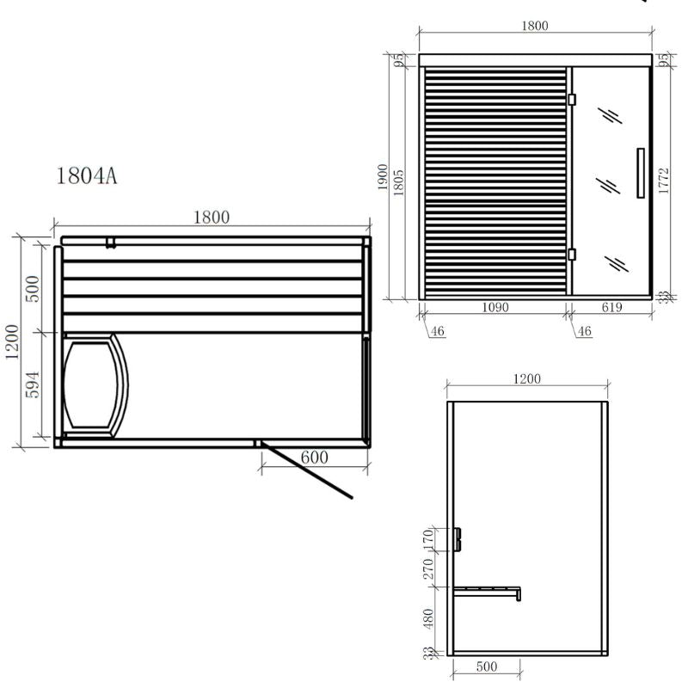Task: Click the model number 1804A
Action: click(x=86, y=177)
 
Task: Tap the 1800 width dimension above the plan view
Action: click(x=211, y=218)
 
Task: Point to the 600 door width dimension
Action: click(x=315, y=458)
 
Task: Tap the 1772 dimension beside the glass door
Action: click(x=664, y=182)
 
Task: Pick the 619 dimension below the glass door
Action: click(x=611, y=307)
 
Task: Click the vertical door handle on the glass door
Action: click(x=640, y=173)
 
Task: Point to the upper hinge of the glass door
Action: click(x=571, y=100)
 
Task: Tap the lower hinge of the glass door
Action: click(x=571, y=254)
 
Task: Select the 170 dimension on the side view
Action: click(x=430, y=539)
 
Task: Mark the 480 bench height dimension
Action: click(x=430, y=617)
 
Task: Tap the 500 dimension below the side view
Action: click(x=486, y=667)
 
